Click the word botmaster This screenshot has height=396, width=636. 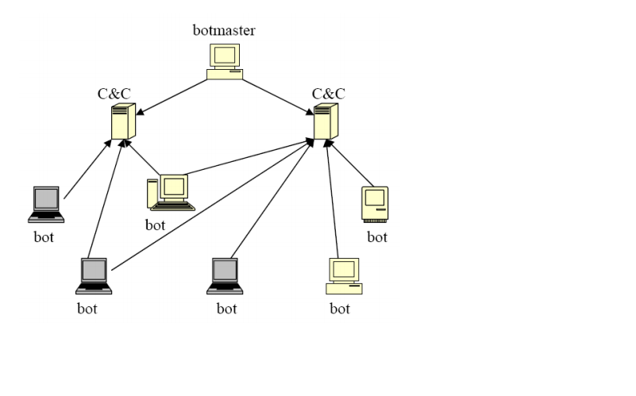(224, 31)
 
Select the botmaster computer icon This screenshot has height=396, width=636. (225, 61)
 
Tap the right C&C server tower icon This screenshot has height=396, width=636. (321, 121)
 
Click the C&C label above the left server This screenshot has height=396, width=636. (114, 94)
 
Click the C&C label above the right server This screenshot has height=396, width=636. (328, 94)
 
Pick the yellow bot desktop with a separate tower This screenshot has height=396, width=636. (170, 192)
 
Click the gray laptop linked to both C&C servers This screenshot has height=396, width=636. (93, 275)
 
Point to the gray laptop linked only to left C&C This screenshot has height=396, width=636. (44, 204)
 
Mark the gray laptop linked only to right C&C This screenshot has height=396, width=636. (225, 275)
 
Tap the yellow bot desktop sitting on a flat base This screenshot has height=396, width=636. (344, 276)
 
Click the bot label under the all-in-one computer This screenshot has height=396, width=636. (377, 236)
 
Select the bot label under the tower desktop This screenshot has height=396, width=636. (156, 225)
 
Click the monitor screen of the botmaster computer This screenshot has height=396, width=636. (225, 55)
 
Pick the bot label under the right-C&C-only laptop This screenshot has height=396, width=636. (226, 308)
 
